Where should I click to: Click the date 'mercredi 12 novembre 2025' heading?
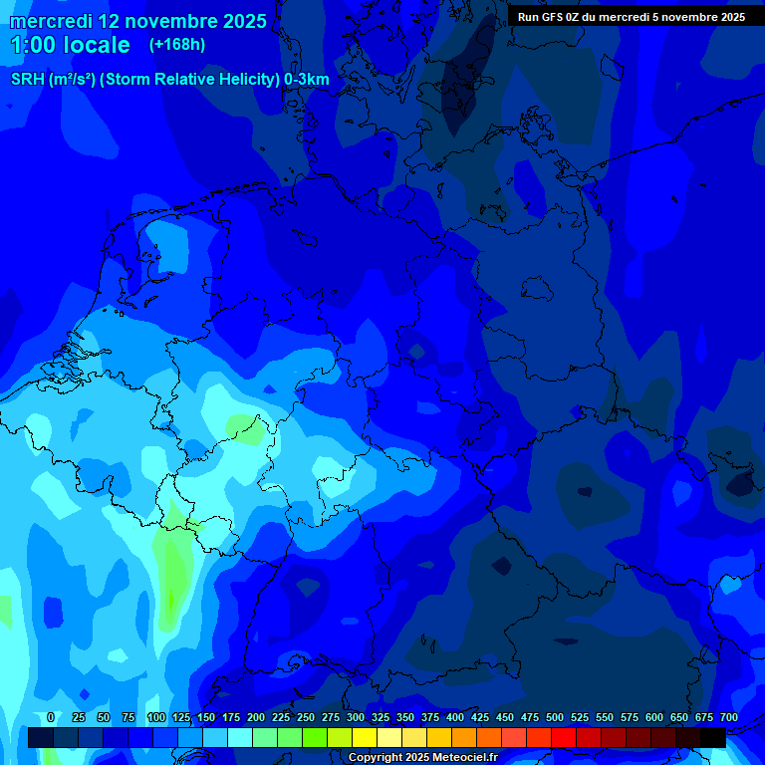click(x=137, y=21)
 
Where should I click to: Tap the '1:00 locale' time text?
click(x=70, y=45)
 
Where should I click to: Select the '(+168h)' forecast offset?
click(x=177, y=45)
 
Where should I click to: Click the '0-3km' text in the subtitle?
click(x=307, y=80)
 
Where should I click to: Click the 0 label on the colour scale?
click(x=51, y=718)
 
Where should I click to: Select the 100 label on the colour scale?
click(x=156, y=718)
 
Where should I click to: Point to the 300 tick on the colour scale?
click(x=356, y=718)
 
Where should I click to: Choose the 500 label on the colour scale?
click(x=555, y=718)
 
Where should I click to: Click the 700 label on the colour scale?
click(x=728, y=718)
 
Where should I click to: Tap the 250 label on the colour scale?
click(x=306, y=718)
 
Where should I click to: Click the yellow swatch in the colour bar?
click(x=365, y=738)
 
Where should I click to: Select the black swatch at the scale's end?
click(x=713, y=738)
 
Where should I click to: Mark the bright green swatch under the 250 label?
click(x=290, y=738)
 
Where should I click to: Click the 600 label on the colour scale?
click(x=654, y=718)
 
